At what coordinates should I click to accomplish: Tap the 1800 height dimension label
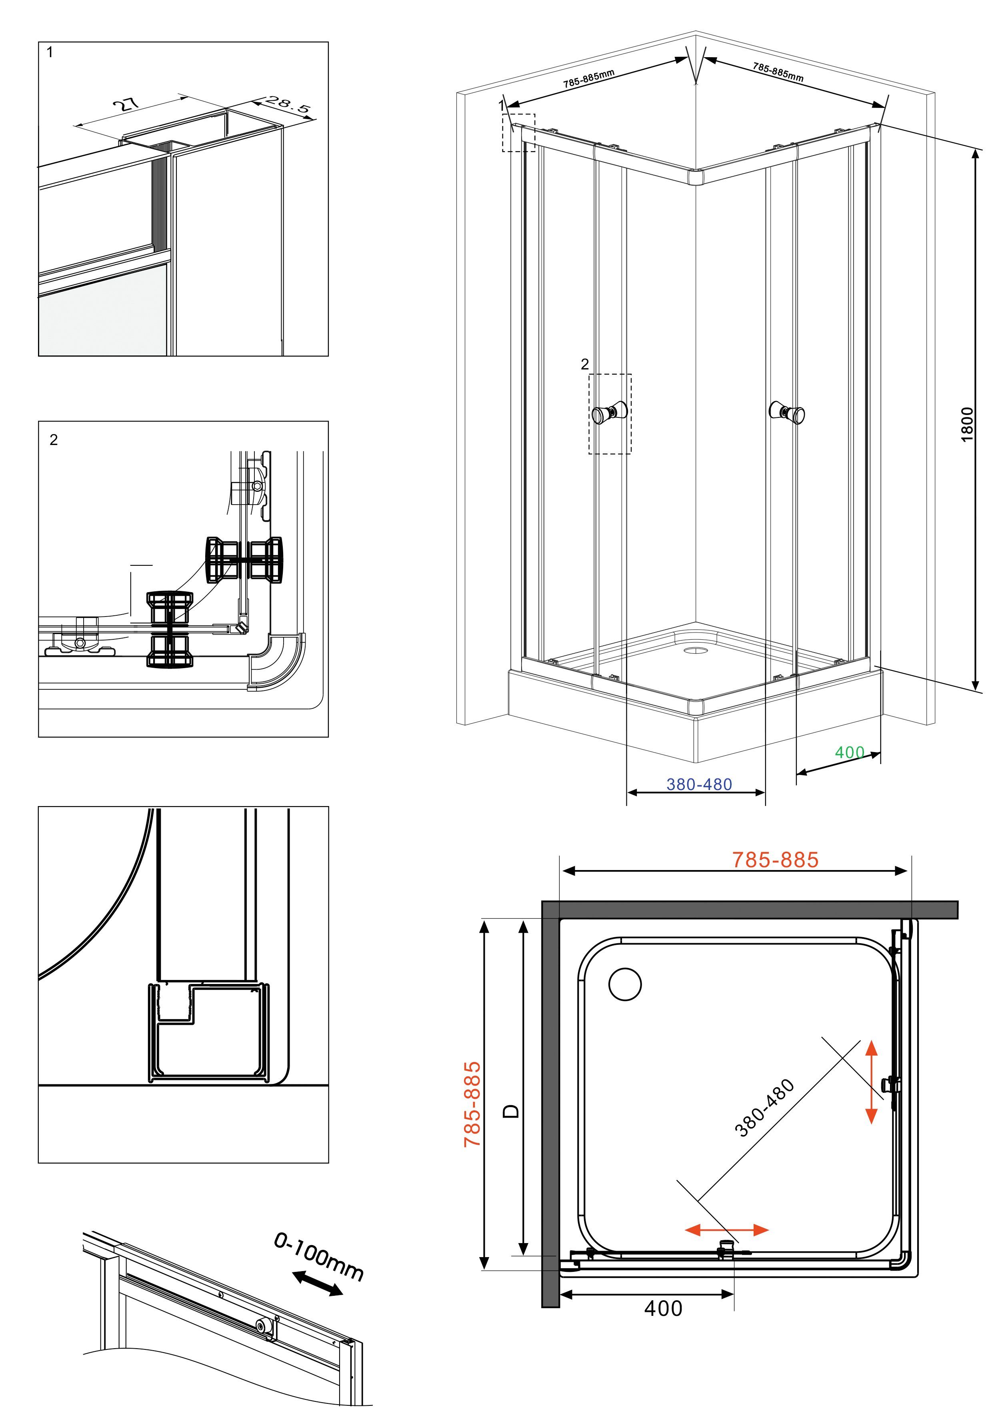tap(967, 425)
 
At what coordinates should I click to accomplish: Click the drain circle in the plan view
tap(626, 984)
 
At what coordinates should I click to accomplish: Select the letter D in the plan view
tap(510, 1111)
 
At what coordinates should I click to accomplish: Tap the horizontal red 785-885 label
tap(775, 860)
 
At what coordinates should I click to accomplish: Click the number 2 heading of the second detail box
tap(54, 439)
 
